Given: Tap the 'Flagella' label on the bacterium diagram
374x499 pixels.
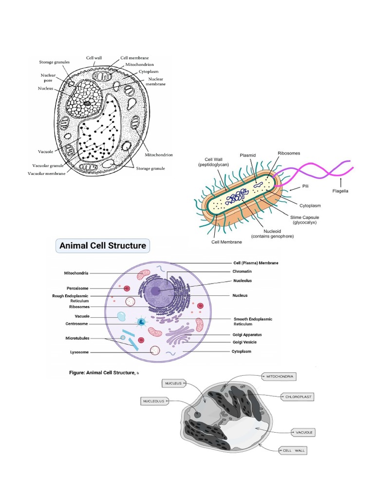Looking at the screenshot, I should (340, 191).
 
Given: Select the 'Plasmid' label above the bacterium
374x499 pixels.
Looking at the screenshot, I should (247, 155).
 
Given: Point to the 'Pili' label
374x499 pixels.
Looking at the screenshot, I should (305, 186).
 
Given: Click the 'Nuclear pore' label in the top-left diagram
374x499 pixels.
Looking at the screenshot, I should (49, 77).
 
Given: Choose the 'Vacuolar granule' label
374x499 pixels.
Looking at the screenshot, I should (49, 166).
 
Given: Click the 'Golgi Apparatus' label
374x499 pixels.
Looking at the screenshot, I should (247, 335).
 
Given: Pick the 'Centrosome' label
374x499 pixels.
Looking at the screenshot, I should (78, 324).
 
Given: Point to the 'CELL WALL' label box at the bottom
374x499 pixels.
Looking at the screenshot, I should (294, 451).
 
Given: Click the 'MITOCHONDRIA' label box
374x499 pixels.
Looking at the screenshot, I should (280, 376).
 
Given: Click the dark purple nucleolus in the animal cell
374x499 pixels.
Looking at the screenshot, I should (155, 291).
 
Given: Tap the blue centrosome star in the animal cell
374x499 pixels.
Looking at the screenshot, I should (141, 322).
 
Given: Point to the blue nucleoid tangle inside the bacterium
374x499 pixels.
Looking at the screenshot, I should (237, 197).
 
